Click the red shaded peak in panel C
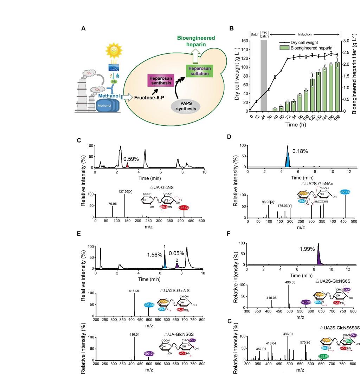(128, 165)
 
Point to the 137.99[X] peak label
(128, 191)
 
